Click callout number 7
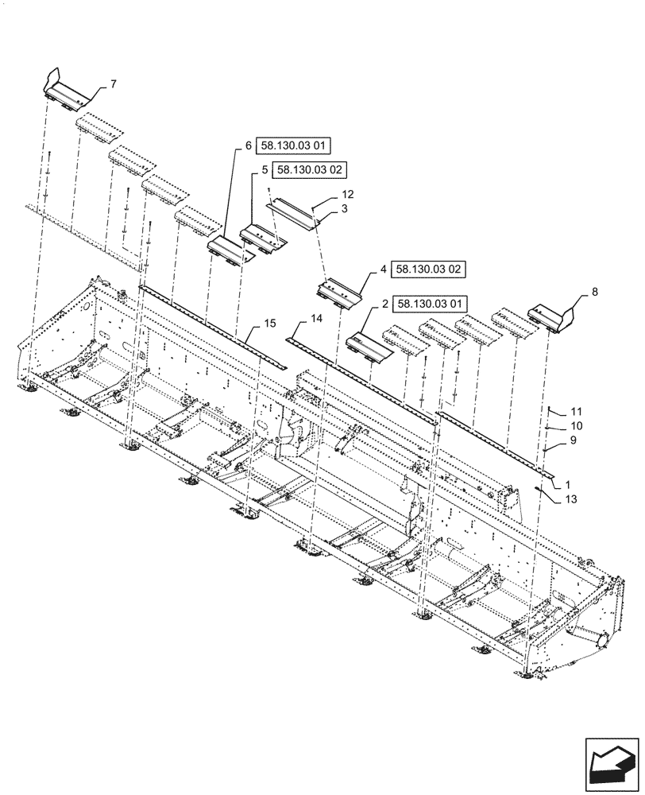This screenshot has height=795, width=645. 113,83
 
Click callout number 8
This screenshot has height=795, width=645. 596,293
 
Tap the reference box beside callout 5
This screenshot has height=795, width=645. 311,170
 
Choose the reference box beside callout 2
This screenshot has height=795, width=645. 432,304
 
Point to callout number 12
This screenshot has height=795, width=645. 348,194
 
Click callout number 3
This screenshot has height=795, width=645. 346,208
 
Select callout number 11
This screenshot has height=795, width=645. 576,412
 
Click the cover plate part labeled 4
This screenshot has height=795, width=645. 339,291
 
